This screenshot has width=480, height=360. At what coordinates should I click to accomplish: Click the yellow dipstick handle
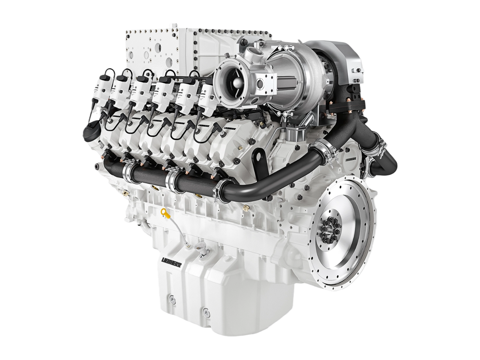(164, 212)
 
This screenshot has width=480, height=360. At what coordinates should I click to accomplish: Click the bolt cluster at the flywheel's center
(330, 230)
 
